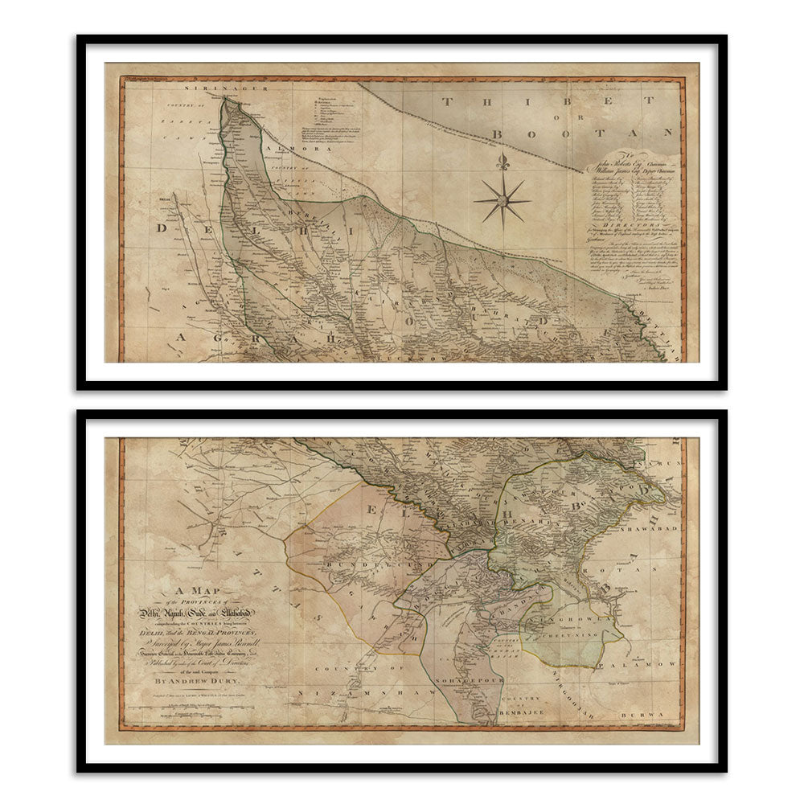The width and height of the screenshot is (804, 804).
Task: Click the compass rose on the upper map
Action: pos(503,200)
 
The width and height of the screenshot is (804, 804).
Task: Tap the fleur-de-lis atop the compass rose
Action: pos(503,162)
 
